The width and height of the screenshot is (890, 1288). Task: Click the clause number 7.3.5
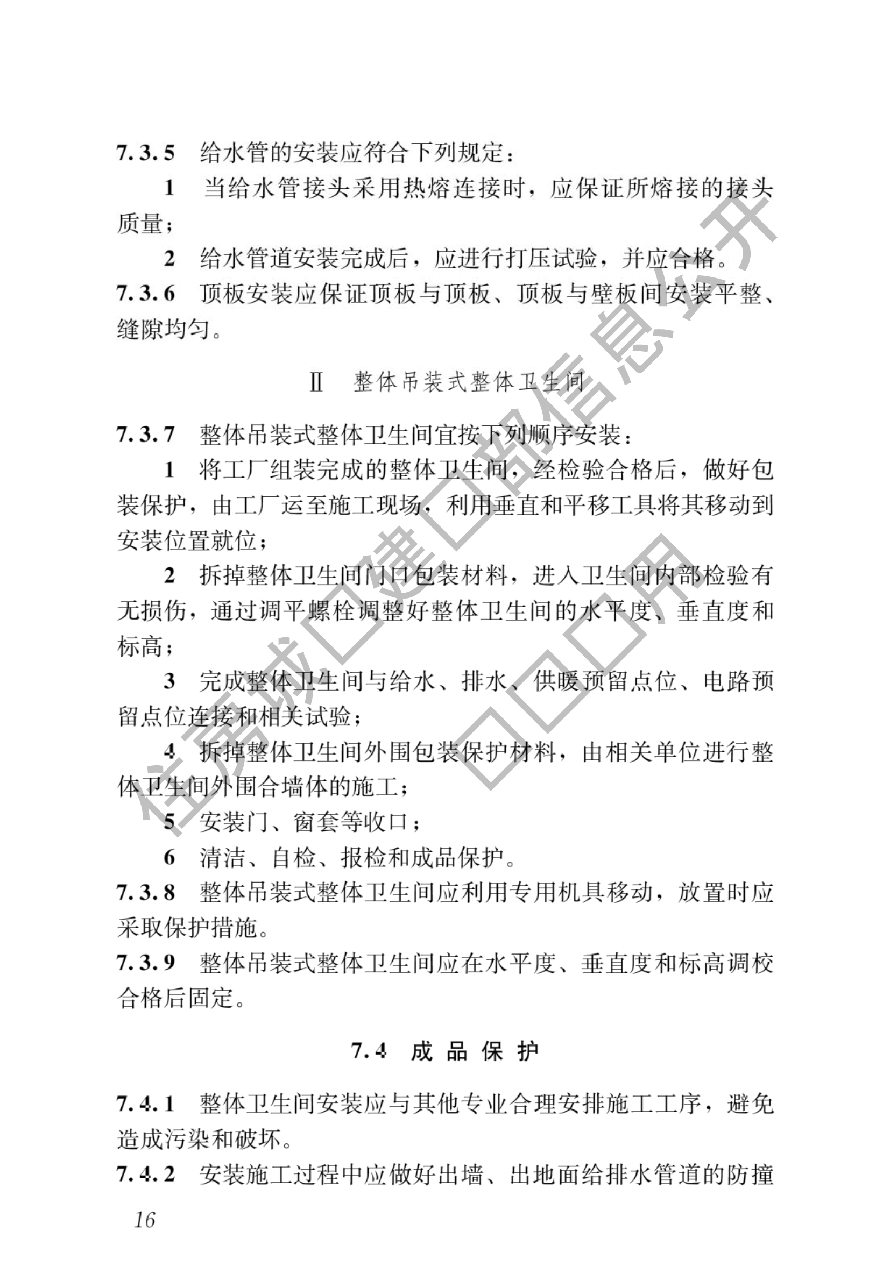pyautogui.click(x=145, y=153)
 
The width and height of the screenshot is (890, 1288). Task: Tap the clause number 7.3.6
pyautogui.click(x=145, y=294)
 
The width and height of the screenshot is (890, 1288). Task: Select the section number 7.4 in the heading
pyautogui.click(x=369, y=1051)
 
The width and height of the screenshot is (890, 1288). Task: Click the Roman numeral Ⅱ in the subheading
pyautogui.click(x=317, y=383)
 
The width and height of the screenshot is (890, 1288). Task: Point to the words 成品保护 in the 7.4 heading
pyautogui.click(x=475, y=1051)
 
